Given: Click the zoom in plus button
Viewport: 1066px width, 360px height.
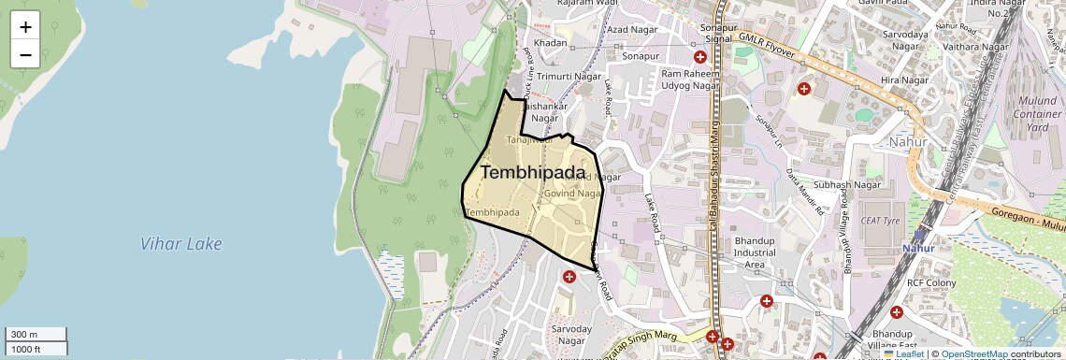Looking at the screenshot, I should (x=25, y=26).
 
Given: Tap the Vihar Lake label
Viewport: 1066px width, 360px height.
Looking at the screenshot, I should (x=181, y=244).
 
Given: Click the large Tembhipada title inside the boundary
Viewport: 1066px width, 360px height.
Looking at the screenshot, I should (x=533, y=173).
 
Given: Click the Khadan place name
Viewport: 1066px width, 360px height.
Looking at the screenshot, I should (x=551, y=44).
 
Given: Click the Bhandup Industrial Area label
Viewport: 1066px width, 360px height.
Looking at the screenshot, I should (x=755, y=252).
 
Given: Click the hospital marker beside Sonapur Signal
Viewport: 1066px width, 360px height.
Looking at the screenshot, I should (x=699, y=57).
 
